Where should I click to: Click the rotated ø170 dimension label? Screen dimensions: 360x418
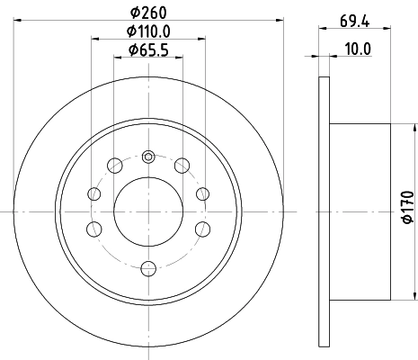pyautogui.click(x=408, y=210)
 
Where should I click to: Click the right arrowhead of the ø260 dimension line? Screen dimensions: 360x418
pyautogui.click(x=280, y=21)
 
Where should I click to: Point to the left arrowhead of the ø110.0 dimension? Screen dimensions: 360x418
pyautogui.click(x=94, y=39)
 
